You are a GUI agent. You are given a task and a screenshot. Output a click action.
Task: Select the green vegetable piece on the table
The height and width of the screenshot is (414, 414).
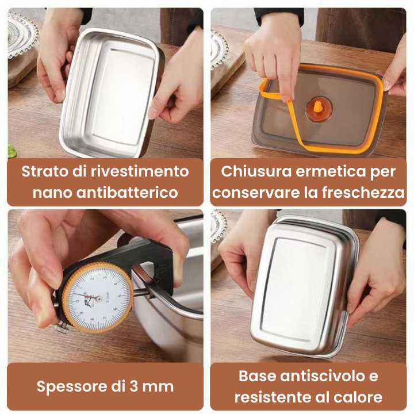click(x=11, y=151)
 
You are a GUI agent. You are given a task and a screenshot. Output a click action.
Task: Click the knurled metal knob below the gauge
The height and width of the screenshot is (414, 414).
click(x=62, y=329)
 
